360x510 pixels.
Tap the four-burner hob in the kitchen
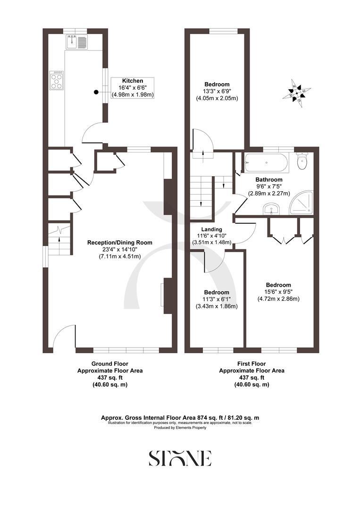tap(57, 80)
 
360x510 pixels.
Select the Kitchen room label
tap(133, 81)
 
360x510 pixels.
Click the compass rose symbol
tap(297, 92)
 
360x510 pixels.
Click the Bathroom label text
tap(269, 179)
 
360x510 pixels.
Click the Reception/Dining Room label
tap(120, 242)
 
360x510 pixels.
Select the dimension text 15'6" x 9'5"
tap(278, 292)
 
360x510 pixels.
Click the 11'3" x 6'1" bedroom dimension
tap(217, 299)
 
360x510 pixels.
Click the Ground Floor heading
tap(110, 364)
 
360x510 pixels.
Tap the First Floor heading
tap(251, 364)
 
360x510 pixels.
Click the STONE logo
tap(180, 458)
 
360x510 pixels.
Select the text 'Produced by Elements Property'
tap(180, 427)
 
